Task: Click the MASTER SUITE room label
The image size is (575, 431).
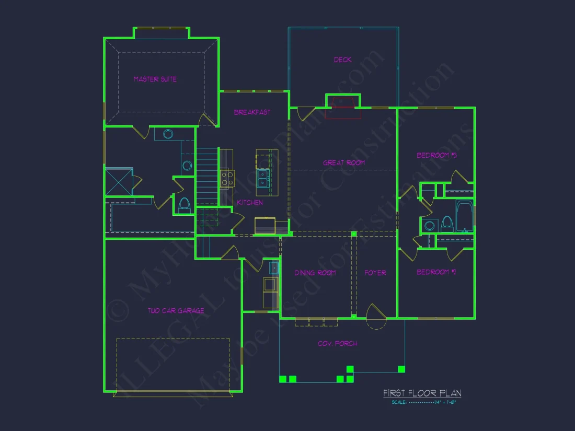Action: pyautogui.click(x=155, y=79)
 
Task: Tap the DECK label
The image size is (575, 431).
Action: pyautogui.click(x=343, y=60)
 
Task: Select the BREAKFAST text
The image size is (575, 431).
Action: pyautogui.click(x=252, y=112)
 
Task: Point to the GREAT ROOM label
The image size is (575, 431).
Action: pyautogui.click(x=343, y=163)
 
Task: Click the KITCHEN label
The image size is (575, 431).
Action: pyautogui.click(x=250, y=202)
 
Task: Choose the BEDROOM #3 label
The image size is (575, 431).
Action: pyautogui.click(x=436, y=155)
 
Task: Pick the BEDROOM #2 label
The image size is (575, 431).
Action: pyautogui.click(x=436, y=272)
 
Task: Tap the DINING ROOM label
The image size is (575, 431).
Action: pyautogui.click(x=315, y=273)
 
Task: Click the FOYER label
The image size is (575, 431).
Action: pyautogui.click(x=375, y=273)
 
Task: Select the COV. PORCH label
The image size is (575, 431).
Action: pyautogui.click(x=338, y=343)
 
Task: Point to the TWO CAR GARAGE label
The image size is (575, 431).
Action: pyautogui.click(x=176, y=311)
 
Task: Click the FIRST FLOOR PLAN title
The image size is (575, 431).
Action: pyautogui.click(x=422, y=393)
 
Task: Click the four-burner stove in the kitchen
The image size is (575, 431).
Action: pyautogui.click(x=227, y=179)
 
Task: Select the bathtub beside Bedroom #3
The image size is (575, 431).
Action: pyautogui.click(x=465, y=216)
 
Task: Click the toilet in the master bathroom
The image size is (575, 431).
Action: pyautogui.click(x=184, y=204)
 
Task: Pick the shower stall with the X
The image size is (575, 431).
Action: pyautogui.click(x=119, y=181)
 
